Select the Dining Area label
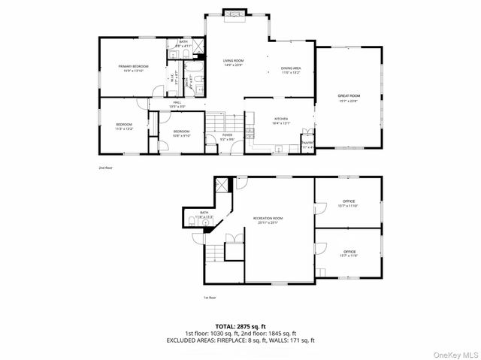click(291, 70)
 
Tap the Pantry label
click(307, 144)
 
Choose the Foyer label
click(226, 137)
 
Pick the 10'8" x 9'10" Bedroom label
click(181, 133)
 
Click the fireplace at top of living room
click(233, 14)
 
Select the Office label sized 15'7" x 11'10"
click(349, 203)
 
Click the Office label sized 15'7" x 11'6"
click(349, 253)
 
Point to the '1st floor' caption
click(210, 298)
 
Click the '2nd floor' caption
click(107, 167)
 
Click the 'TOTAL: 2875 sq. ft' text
click(240, 325)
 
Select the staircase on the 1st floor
click(215, 253)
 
